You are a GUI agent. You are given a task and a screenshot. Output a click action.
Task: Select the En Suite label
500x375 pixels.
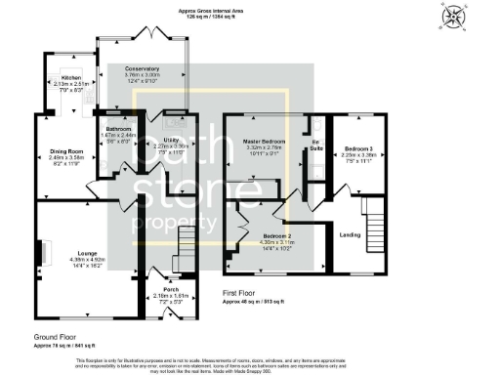tap(315, 146)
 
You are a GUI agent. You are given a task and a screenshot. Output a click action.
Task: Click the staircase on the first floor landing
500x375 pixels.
tap(375, 220)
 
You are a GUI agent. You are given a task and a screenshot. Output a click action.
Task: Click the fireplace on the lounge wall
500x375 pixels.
tap(42, 253)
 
